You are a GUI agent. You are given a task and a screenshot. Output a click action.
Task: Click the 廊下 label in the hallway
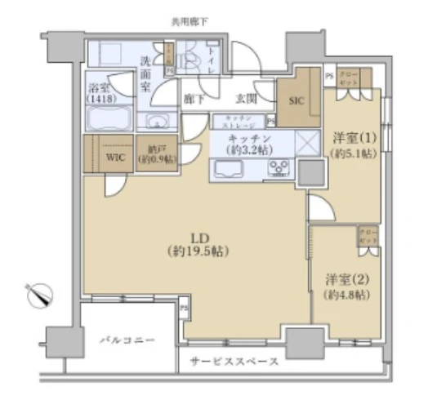(194, 100)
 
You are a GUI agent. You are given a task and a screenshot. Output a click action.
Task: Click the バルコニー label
(128, 338)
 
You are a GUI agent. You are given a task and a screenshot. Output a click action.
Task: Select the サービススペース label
(234, 361)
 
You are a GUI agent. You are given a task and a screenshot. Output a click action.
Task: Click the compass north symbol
(38, 294)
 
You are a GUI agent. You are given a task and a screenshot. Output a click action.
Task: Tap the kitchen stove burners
(279, 169)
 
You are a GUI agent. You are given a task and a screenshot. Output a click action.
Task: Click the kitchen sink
(225, 170)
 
